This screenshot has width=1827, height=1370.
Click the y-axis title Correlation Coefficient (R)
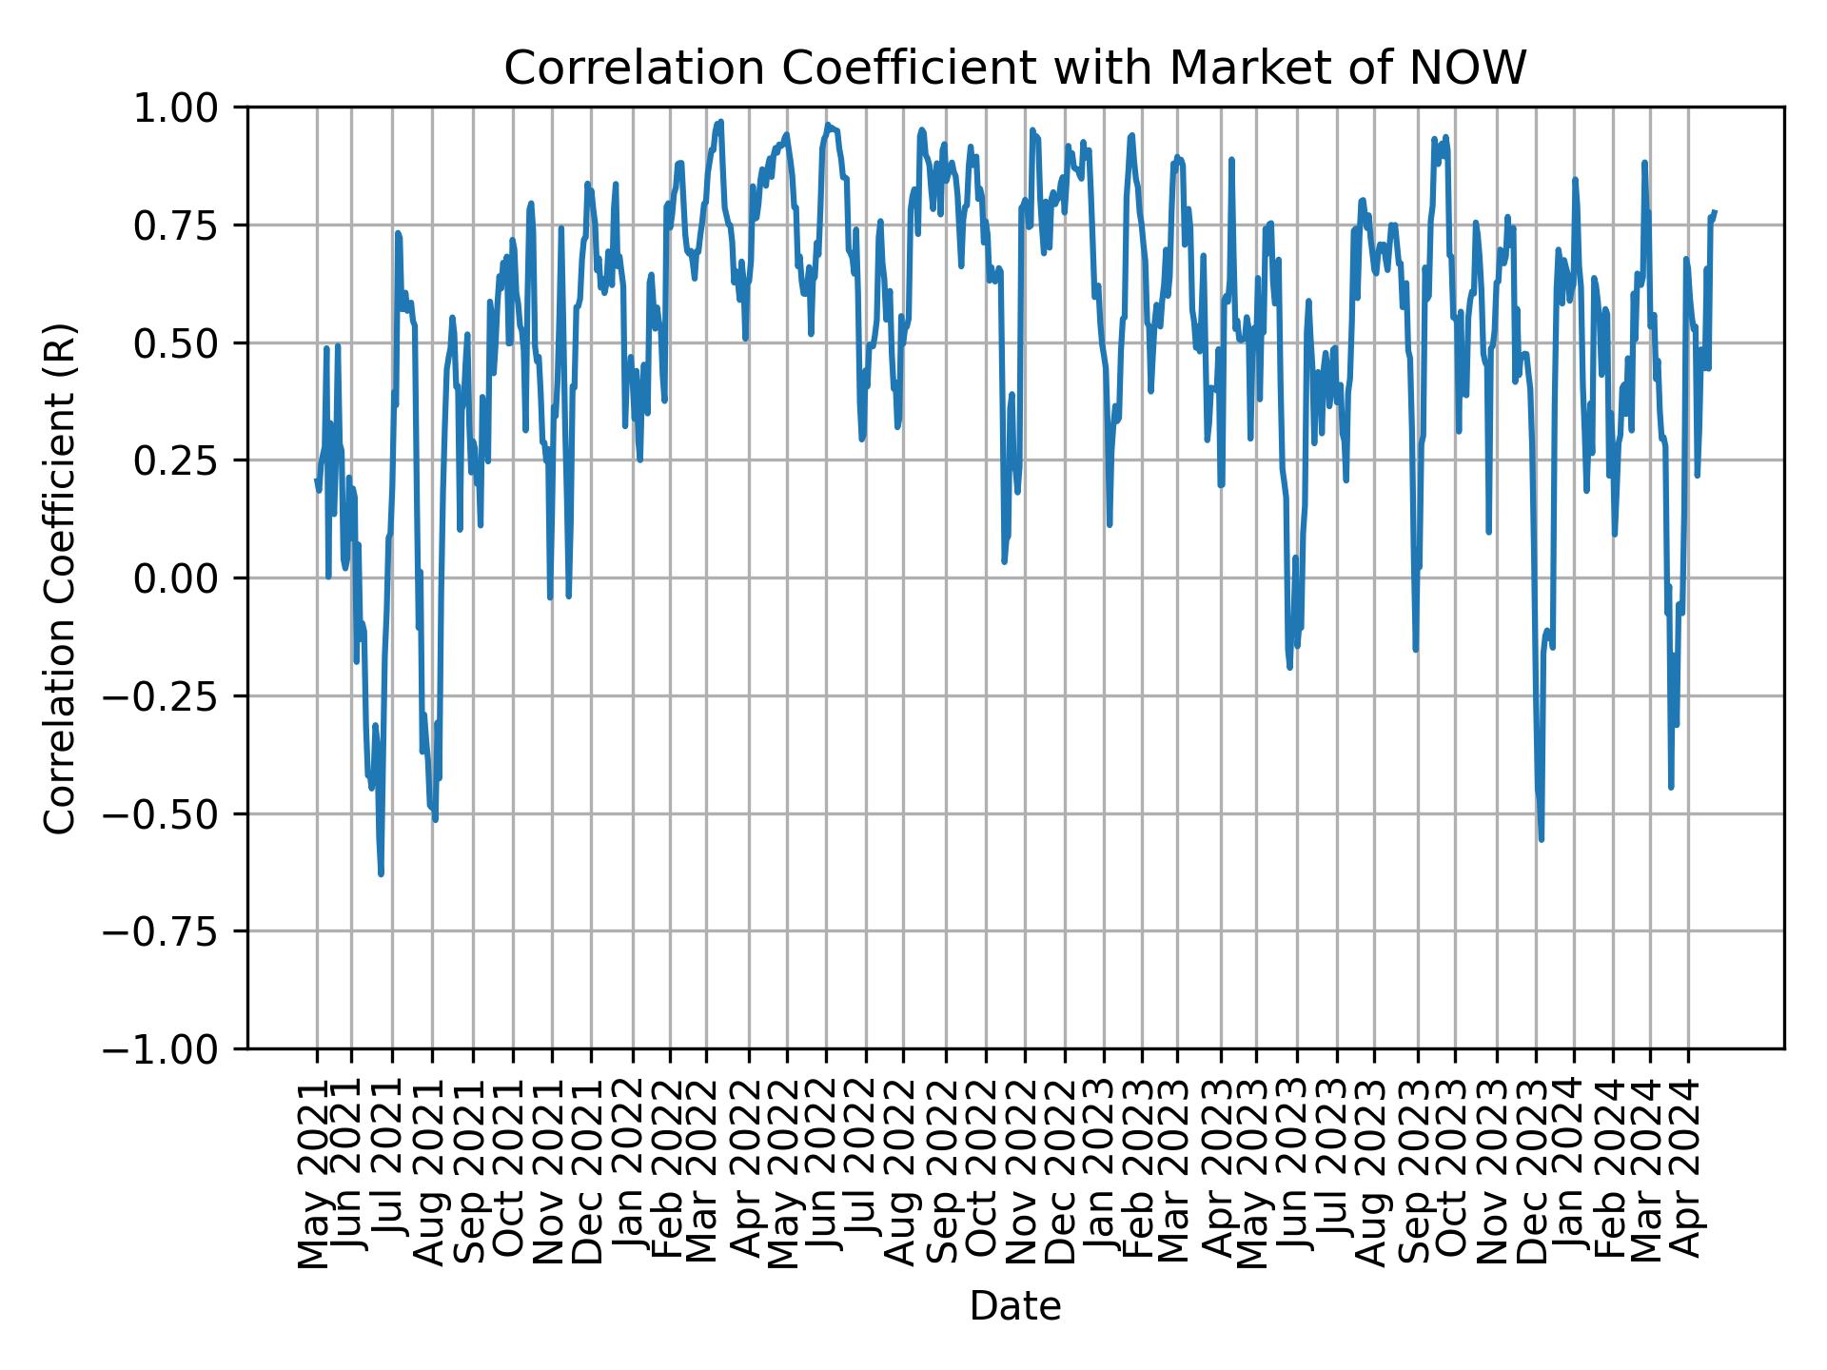tap(60, 577)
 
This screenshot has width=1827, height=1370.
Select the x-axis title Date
tap(1015, 1306)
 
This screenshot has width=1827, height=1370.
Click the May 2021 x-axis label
tap(313, 1174)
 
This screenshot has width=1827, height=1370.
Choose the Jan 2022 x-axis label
tap(629, 1174)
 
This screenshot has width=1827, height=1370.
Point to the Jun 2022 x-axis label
tap(823, 1174)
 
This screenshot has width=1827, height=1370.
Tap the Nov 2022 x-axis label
tap(1022, 1174)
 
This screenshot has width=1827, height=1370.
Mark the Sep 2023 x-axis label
tap(1414, 1174)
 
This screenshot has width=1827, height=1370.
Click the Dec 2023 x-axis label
tap(1532, 1174)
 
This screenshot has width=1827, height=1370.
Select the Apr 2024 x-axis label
tap(1686, 1174)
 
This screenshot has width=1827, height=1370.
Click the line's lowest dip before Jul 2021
tap(381, 873)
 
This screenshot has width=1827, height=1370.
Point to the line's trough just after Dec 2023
tap(1542, 839)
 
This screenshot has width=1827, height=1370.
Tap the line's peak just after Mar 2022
tap(720, 122)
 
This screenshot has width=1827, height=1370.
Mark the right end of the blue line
tap(1715, 211)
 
